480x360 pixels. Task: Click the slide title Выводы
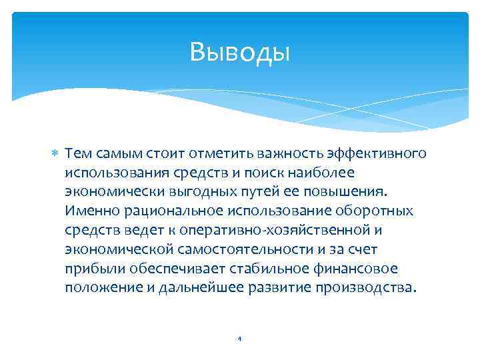239,52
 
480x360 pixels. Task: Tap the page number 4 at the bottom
239,338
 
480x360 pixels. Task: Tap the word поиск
257,173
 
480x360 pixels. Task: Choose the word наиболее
313,173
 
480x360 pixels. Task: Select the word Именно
89,211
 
